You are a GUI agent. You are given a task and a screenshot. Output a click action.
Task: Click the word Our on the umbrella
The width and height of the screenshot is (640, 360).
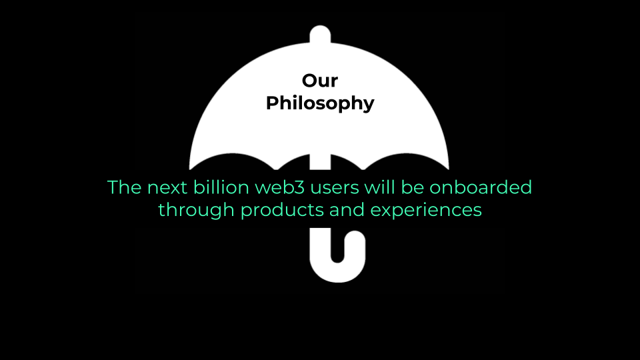point(320,81)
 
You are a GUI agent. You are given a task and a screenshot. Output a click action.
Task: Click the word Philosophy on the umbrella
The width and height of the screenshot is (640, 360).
point(320,103)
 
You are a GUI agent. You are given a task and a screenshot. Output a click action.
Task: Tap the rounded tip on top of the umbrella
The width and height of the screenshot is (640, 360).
point(320,33)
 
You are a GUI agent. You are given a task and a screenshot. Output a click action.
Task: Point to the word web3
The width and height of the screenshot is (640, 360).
point(279,187)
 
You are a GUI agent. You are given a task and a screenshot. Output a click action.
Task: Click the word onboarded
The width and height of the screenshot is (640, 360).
point(481,187)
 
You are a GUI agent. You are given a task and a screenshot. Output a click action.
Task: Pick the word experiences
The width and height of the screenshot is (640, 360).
point(426,210)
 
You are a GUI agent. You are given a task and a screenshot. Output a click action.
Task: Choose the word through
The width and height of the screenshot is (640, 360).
point(196,210)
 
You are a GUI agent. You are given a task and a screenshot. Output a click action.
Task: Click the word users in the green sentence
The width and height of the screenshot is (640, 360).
point(334,188)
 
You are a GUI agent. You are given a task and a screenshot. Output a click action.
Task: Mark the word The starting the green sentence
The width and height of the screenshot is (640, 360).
point(124,187)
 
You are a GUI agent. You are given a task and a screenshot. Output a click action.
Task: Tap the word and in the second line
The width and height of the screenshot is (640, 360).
point(347,210)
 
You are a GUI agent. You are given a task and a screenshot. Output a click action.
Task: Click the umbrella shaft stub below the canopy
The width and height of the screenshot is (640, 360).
point(320,162)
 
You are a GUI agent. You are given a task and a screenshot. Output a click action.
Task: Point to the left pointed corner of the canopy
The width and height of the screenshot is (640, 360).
point(190,169)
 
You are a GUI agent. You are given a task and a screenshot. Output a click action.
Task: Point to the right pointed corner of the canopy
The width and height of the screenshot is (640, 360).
point(449,169)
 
